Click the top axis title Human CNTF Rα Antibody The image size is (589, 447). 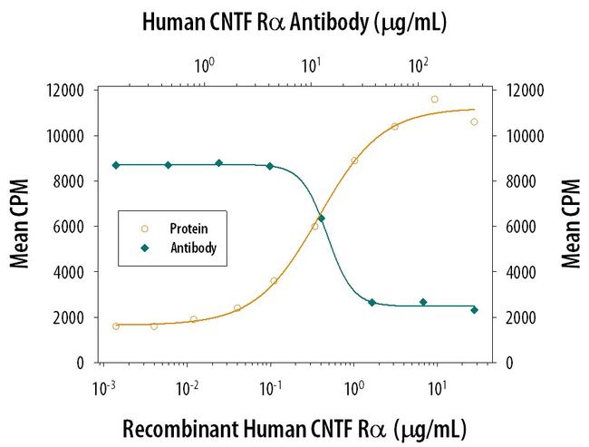(x=294, y=21)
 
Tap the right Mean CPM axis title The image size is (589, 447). (x=570, y=227)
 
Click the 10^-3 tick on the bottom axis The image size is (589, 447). (x=105, y=387)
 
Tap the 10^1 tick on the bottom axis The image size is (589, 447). (x=439, y=387)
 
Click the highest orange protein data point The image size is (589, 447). (x=435, y=99)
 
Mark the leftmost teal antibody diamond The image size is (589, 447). (x=116, y=165)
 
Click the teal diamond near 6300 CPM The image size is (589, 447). (x=322, y=219)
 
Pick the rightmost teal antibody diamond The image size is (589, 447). (x=474, y=310)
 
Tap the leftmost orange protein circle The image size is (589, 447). (x=116, y=326)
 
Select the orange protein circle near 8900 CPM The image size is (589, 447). (x=354, y=160)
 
